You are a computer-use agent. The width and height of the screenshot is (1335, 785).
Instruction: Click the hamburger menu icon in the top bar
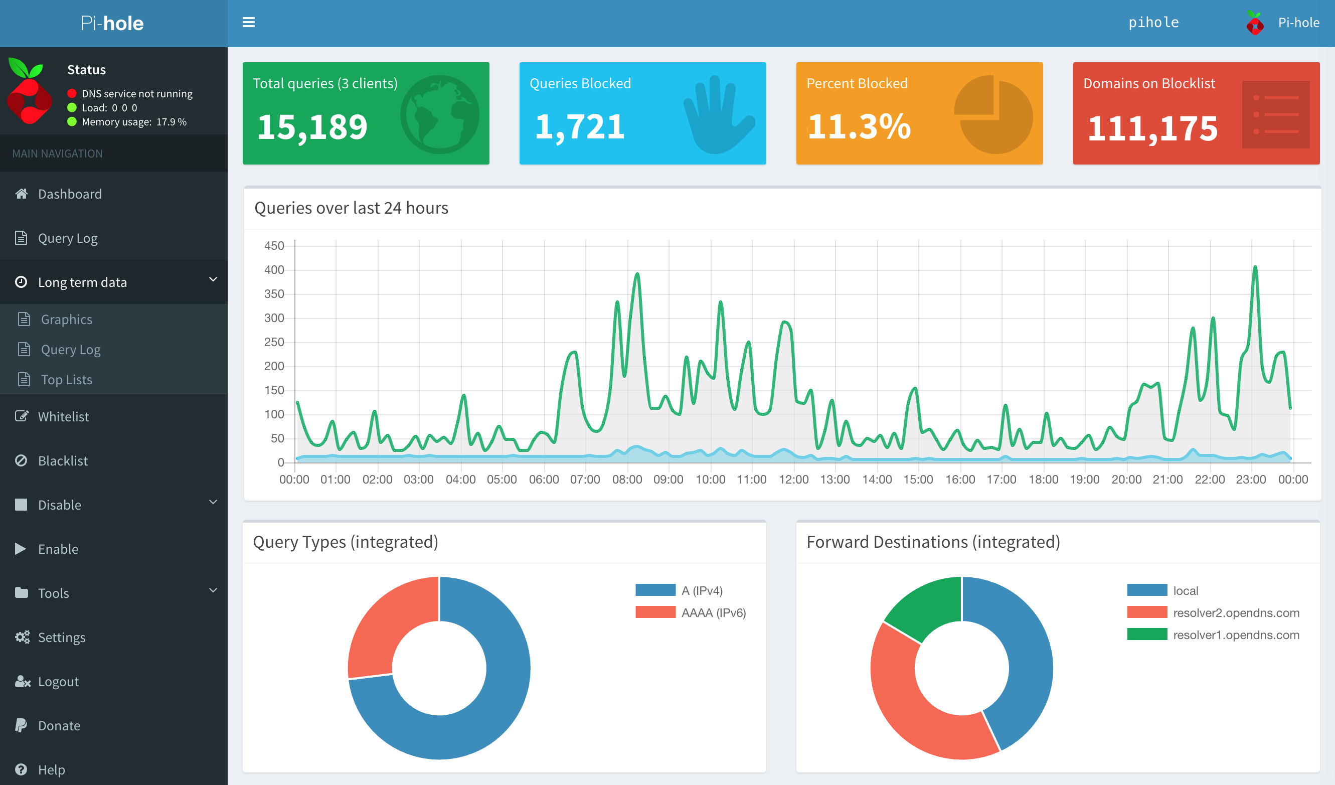tap(248, 22)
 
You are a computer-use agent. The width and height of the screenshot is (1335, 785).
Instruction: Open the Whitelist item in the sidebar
tap(63, 416)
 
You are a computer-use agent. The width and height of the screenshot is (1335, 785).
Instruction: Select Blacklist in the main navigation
tap(63, 461)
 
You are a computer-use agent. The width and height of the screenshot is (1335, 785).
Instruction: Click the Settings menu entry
tap(62, 637)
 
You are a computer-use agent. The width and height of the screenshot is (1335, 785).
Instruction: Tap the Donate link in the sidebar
tap(59, 726)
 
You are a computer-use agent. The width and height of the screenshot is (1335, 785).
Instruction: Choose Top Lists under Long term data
tap(66, 380)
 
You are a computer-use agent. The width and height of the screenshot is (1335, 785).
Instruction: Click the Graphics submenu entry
tap(66, 320)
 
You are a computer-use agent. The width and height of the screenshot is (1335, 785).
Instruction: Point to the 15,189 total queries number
tap(312, 127)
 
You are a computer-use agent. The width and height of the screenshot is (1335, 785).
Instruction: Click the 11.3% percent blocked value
tap(859, 127)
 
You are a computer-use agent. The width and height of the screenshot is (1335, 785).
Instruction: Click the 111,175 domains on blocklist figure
tap(1153, 129)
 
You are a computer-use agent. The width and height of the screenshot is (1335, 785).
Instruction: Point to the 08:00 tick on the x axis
tap(627, 480)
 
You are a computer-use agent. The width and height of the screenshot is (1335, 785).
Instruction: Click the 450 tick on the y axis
tap(274, 246)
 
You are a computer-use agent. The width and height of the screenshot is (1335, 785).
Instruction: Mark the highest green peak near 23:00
tap(1255, 267)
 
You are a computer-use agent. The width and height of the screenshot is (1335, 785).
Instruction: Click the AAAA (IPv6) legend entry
tap(713, 613)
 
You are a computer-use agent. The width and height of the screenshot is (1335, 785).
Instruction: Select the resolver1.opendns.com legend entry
tap(1235, 635)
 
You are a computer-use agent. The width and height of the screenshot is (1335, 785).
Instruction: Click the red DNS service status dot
tap(72, 94)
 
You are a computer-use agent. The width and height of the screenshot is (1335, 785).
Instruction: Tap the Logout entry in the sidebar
tap(58, 682)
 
